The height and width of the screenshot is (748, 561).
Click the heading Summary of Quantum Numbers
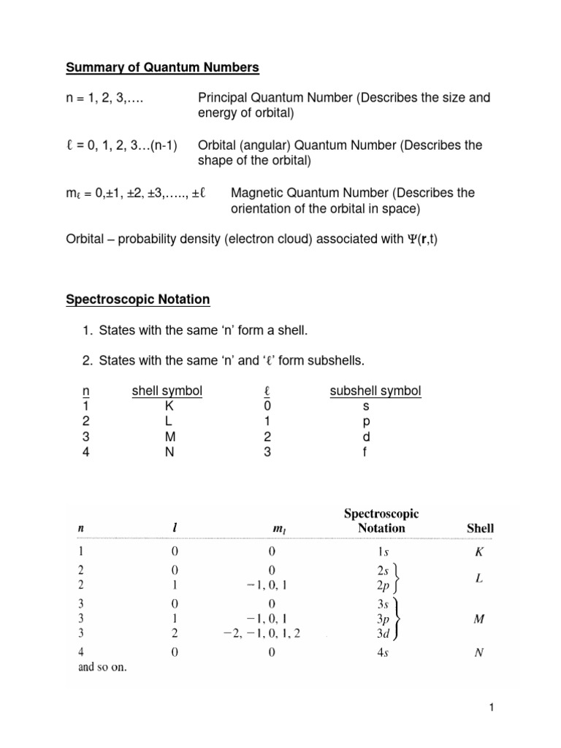pyautogui.click(x=163, y=68)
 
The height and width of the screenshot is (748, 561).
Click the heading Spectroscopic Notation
pyautogui.click(x=138, y=299)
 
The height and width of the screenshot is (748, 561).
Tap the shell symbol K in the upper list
pyautogui.click(x=167, y=406)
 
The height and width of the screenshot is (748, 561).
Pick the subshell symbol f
pyautogui.click(x=367, y=452)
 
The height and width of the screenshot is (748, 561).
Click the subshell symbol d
pyautogui.click(x=367, y=437)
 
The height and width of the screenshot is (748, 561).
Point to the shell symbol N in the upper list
pyautogui.click(x=167, y=452)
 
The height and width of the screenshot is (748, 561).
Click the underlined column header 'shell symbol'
pyautogui.click(x=167, y=391)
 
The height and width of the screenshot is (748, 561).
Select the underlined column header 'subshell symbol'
pyautogui.click(x=375, y=391)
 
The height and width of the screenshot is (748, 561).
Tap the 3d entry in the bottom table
pyautogui.click(x=373, y=633)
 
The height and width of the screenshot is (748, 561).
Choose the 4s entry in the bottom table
pyautogui.click(x=373, y=654)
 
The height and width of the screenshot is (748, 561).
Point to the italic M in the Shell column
pyautogui.click(x=480, y=619)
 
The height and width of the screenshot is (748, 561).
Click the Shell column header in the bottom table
pyautogui.click(x=480, y=527)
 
